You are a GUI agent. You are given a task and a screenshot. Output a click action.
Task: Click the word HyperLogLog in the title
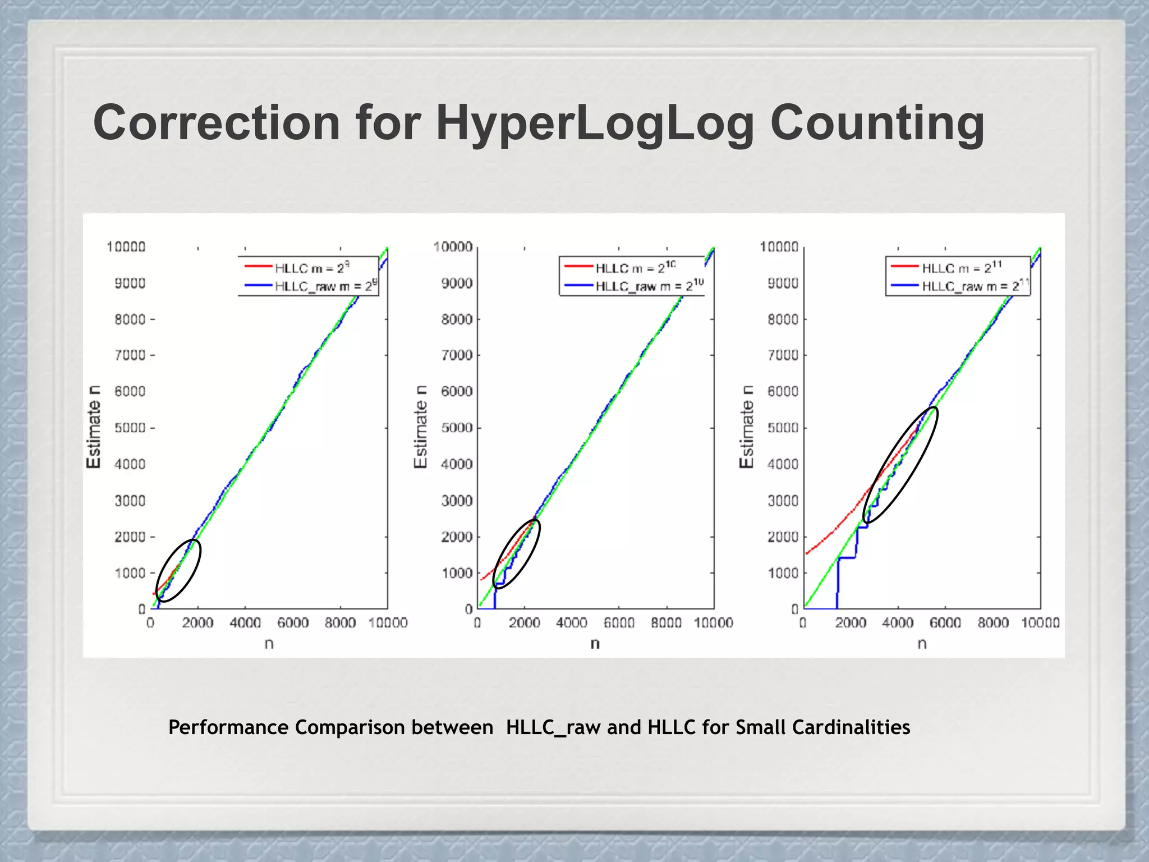594,123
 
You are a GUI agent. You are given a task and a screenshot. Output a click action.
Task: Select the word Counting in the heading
877,123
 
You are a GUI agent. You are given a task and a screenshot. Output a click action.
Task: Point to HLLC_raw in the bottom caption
553,727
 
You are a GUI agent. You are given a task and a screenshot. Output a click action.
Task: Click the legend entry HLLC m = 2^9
311,268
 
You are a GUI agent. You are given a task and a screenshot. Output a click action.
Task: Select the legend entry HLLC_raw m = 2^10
649,286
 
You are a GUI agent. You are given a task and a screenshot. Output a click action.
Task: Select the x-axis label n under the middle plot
595,644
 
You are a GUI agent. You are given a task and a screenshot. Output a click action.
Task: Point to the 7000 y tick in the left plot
130,355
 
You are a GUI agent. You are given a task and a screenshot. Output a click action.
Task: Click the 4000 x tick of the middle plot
571,623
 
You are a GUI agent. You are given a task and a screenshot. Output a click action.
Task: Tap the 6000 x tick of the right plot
945,623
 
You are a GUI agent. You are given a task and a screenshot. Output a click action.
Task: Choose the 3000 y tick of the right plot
783,501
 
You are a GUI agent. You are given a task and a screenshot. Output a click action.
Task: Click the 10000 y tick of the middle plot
453,247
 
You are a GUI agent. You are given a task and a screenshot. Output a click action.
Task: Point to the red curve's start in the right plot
807,554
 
